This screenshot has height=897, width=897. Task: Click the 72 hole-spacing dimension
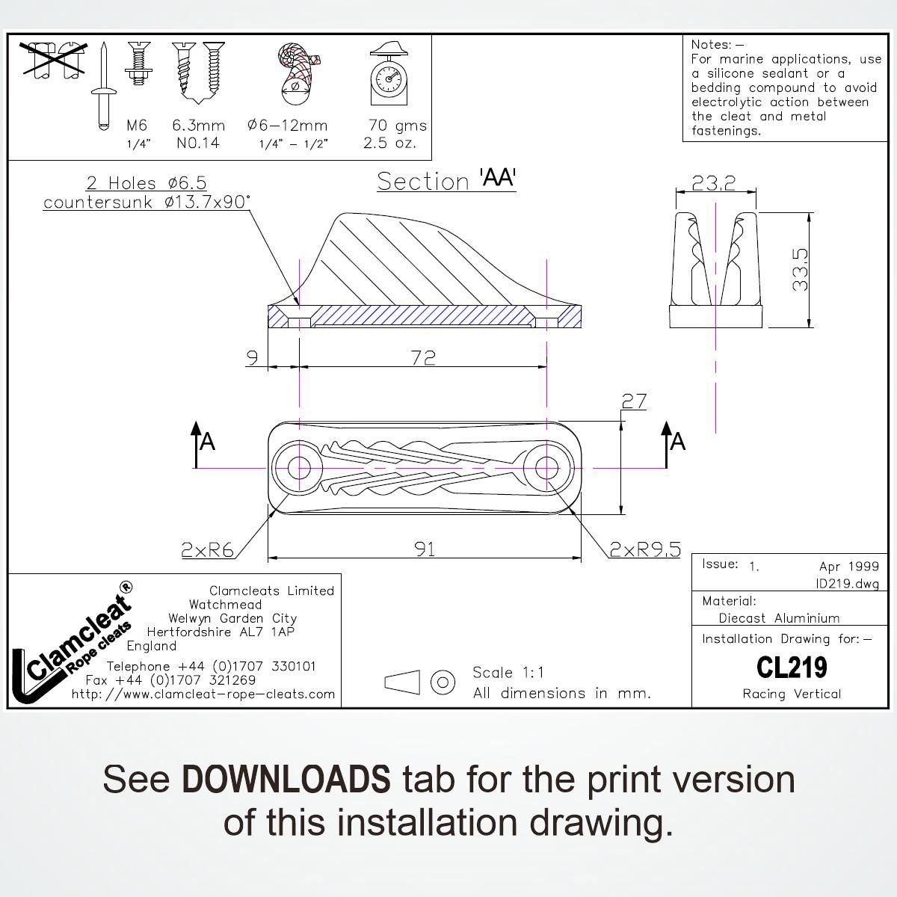[423, 357]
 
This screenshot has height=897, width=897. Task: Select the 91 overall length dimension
[425, 549]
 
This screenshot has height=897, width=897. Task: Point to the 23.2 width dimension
[713, 182]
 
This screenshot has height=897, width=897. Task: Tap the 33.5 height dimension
[800, 270]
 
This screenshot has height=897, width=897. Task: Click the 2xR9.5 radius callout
[645, 550]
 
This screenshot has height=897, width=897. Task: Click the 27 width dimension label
[633, 401]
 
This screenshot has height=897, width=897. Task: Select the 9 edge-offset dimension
[253, 357]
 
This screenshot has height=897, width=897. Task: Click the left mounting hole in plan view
[299, 468]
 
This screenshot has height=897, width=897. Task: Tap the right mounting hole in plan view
[547, 468]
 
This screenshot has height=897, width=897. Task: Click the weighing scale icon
[389, 74]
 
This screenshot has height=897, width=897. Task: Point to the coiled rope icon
[297, 73]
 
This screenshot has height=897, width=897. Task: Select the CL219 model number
[792, 667]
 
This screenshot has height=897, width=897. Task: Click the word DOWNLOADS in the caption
[286, 779]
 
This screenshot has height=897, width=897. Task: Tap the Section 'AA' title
[446, 180]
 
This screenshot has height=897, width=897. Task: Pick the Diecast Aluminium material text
[779, 618]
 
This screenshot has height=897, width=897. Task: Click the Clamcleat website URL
[203, 694]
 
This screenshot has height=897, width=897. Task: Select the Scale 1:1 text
[508, 672]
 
